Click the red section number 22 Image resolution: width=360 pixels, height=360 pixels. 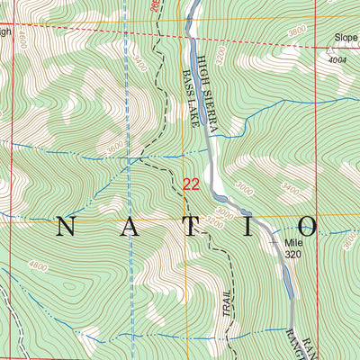point(191,184)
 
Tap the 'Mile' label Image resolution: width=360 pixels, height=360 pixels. point(295,243)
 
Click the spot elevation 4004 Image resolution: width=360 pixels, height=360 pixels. point(337,60)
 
